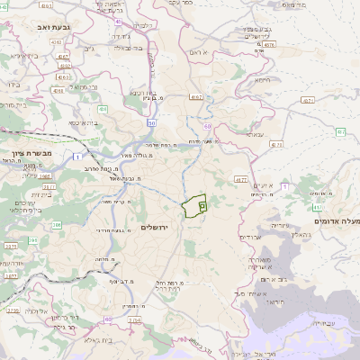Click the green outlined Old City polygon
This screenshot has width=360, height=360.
pos(193,206)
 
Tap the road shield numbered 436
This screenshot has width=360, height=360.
pos(103,109)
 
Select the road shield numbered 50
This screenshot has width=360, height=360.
pos(151,122)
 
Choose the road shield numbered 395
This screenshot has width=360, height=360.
pos(33,240)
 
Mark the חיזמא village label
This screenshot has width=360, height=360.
pos(262,80)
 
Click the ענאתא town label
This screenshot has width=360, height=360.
pos(255,134)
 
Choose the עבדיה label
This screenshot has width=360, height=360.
pos(325,322)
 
